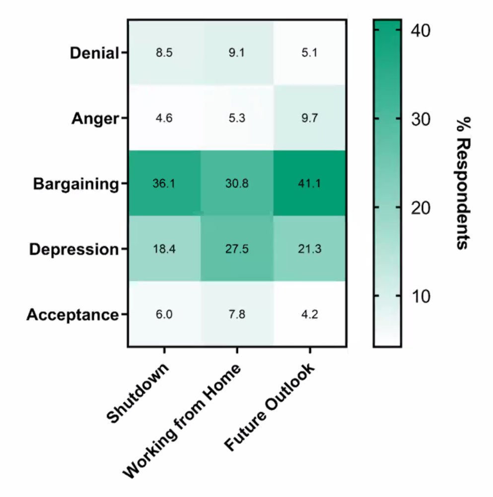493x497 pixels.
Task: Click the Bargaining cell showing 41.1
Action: pyautogui.click(x=310, y=184)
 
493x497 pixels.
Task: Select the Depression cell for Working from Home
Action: pyautogui.click(x=237, y=249)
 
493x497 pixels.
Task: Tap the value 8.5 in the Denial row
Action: pyautogui.click(x=164, y=53)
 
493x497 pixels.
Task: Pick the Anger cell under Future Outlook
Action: pyautogui.click(x=310, y=118)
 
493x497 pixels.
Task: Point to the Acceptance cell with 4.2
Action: pyautogui.click(x=310, y=315)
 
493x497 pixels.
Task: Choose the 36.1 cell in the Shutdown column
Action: pyautogui.click(x=164, y=184)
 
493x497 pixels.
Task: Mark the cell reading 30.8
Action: pyautogui.click(x=237, y=184)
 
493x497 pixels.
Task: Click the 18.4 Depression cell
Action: pyautogui.click(x=164, y=249)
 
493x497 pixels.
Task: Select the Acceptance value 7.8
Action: pyautogui.click(x=237, y=315)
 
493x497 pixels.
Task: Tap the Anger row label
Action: pyautogui.click(x=96, y=118)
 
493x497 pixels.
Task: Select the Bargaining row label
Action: pyautogui.click(x=76, y=184)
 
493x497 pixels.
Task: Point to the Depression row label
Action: pyautogui.click(x=74, y=249)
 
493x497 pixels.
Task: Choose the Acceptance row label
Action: pyautogui.click(x=72, y=315)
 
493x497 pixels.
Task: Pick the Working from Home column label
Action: pyautogui.click(x=182, y=421)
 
